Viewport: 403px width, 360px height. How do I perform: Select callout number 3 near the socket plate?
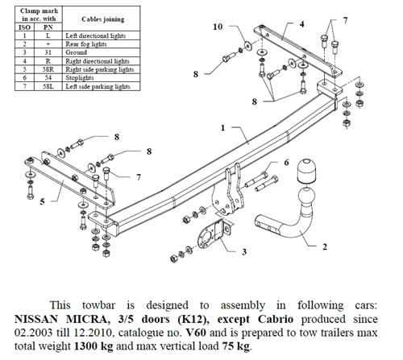coord(243,253)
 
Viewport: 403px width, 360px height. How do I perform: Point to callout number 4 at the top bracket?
coord(301,24)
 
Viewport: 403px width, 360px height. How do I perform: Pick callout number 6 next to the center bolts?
coord(285,163)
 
